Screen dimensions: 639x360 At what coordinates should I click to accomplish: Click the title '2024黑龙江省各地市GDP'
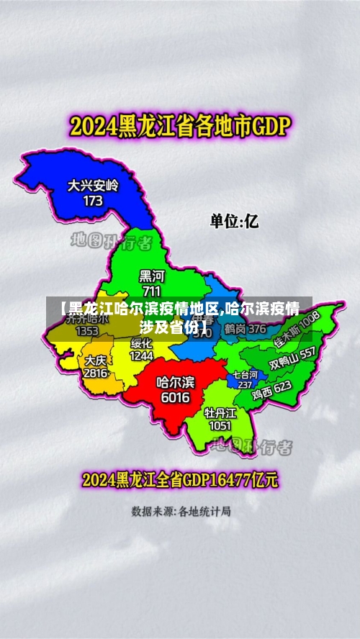(x=179, y=127)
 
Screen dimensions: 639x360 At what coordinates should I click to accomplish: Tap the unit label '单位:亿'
(x=234, y=221)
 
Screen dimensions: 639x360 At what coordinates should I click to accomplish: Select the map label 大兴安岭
(x=93, y=186)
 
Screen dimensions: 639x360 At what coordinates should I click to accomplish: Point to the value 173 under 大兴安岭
(x=93, y=201)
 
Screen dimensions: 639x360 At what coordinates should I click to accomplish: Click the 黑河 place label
(x=152, y=276)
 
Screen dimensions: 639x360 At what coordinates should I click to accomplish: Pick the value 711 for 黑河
(x=152, y=291)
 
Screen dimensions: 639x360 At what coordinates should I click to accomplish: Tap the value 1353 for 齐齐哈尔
(x=87, y=331)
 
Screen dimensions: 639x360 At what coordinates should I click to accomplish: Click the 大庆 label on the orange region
(x=95, y=360)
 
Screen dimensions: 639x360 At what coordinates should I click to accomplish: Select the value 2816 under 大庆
(x=95, y=373)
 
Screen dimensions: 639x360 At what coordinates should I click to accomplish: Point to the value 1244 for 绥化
(x=142, y=355)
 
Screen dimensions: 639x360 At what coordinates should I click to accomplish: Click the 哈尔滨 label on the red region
(x=175, y=382)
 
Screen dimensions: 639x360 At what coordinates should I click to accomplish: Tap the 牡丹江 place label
(x=220, y=412)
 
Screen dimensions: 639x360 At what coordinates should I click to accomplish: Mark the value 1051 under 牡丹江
(x=220, y=425)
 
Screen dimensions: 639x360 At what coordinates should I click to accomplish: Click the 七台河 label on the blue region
(x=244, y=375)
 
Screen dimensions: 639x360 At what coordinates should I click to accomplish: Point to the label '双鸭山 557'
(x=292, y=358)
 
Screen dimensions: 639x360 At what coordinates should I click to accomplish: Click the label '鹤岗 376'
(x=245, y=329)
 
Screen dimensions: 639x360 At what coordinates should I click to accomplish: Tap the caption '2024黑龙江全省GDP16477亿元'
(x=180, y=479)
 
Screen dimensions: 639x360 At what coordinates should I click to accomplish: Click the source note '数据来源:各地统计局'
(x=181, y=512)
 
